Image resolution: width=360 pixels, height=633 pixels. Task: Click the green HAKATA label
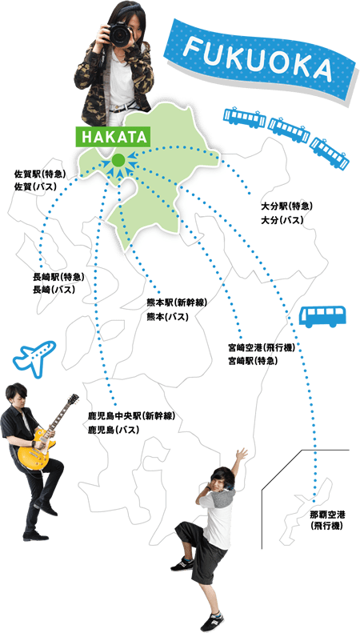click(113, 138)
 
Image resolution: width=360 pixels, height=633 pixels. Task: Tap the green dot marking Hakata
click(118, 160)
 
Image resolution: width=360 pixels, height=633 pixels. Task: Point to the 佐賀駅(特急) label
click(39, 175)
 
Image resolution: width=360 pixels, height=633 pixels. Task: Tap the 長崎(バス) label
click(54, 289)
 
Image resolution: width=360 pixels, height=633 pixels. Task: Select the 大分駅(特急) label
click(286, 208)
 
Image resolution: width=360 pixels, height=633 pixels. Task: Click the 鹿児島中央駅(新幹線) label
click(131, 416)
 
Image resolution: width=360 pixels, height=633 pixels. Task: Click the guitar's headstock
click(73, 399)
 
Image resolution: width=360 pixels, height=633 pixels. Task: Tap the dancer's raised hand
click(242, 455)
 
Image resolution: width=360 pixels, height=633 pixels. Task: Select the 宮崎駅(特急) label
click(253, 360)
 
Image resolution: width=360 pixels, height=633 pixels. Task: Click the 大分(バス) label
click(282, 220)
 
